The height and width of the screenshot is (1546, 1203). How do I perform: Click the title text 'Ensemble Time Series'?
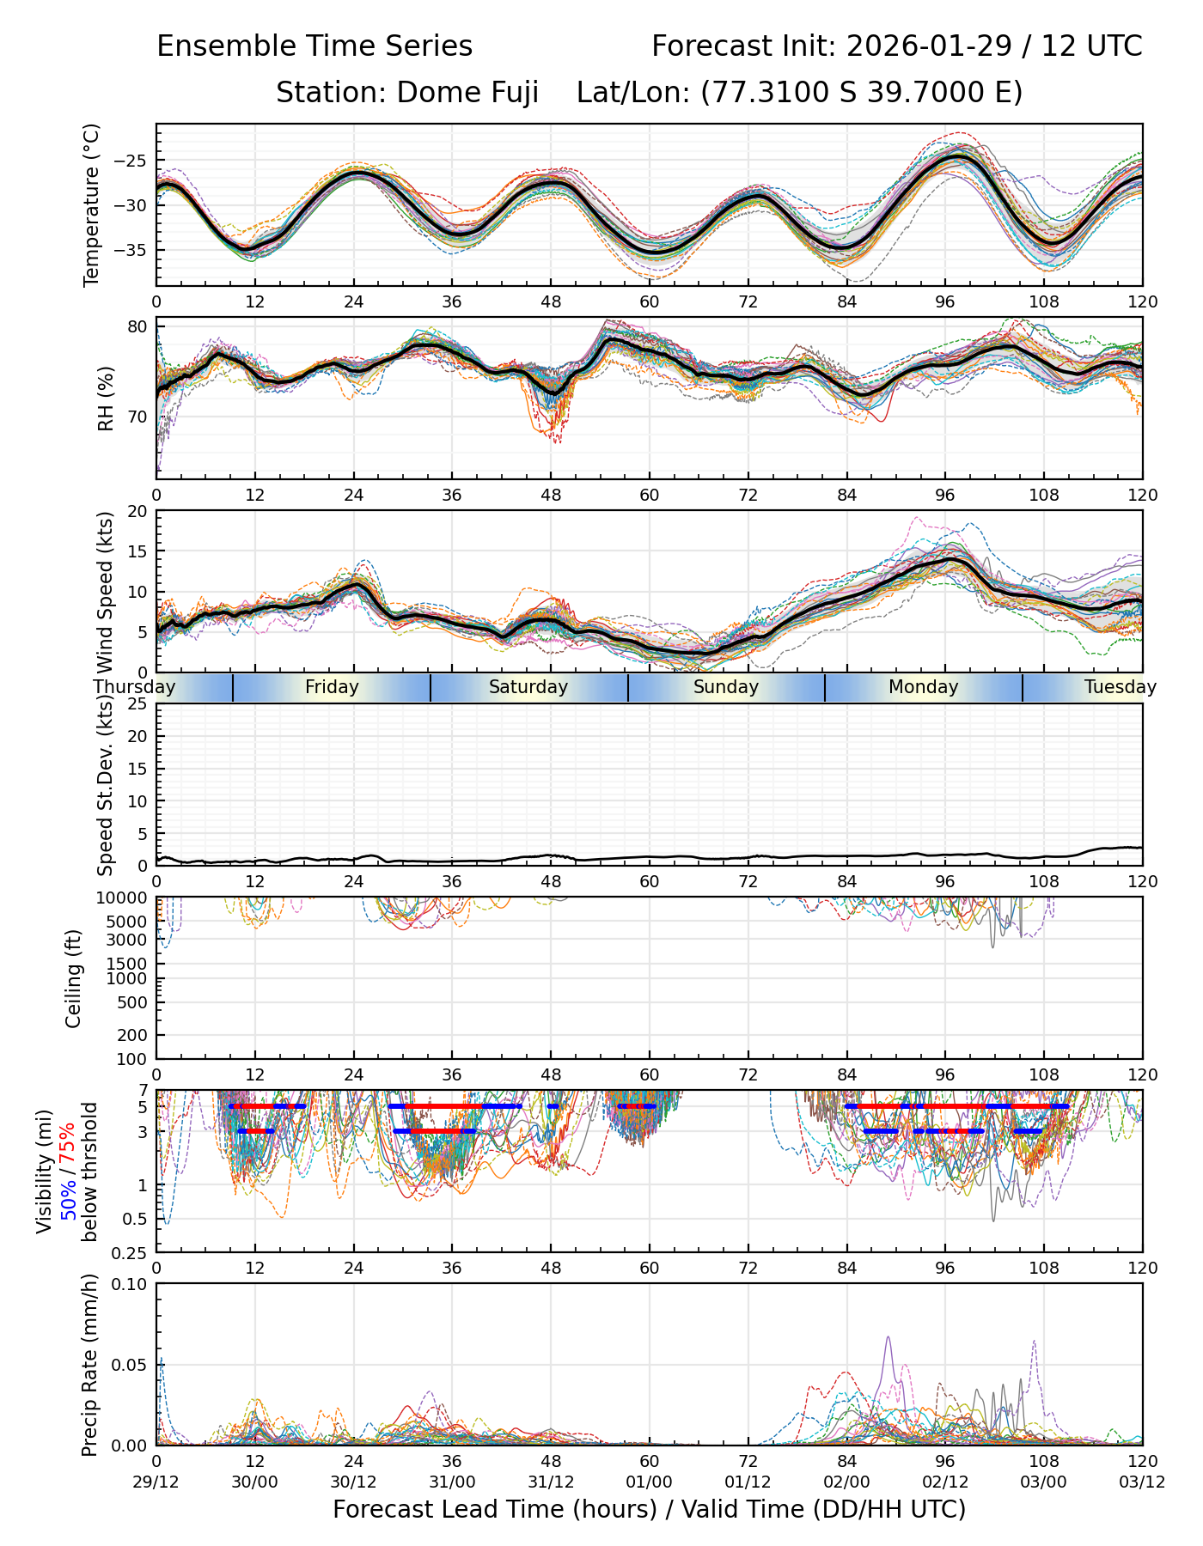point(314,46)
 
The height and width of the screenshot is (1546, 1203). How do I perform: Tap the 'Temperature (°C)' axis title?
point(92,204)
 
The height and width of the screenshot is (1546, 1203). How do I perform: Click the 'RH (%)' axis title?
point(106,399)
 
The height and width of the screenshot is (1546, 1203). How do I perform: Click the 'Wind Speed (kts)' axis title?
point(106,593)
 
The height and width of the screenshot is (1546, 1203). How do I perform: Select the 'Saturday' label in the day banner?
point(528,687)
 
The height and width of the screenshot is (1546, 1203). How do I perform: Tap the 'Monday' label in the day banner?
point(924,687)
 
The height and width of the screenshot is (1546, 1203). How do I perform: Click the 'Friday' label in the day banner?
point(332,687)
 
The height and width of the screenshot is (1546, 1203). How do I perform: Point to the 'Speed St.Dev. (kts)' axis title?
point(106,785)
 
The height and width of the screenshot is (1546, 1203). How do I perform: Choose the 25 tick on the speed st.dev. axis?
point(139,704)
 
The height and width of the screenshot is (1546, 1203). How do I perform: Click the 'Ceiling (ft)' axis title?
point(74,978)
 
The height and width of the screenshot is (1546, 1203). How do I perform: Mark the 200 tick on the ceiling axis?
point(137,1035)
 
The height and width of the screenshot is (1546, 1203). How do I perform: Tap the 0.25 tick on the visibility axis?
point(134,1251)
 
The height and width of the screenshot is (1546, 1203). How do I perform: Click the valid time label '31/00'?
point(452,1482)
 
